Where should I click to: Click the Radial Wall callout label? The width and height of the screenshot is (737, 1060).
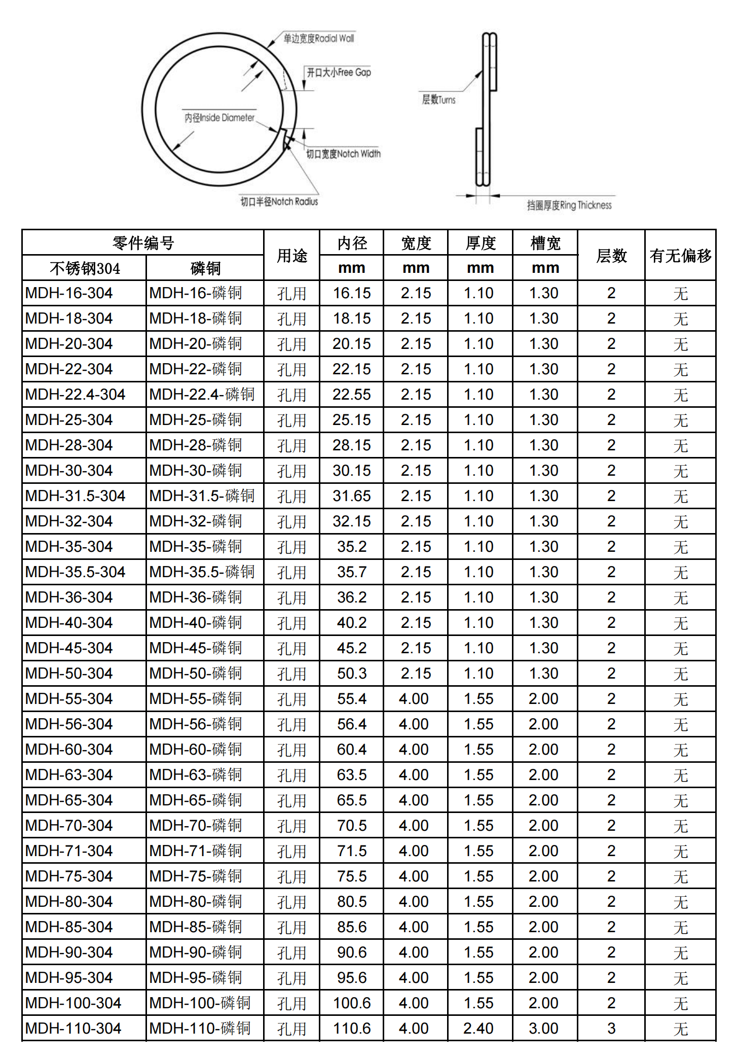pyautogui.click(x=318, y=39)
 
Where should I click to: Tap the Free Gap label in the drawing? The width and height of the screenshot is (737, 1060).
pyautogui.click(x=339, y=73)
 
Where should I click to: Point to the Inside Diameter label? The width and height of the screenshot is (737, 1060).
pyautogui.click(x=219, y=118)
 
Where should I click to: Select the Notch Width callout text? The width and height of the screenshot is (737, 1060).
pyautogui.click(x=343, y=154)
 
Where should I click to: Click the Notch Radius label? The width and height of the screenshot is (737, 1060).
pyautogui.click(x=279, y=202)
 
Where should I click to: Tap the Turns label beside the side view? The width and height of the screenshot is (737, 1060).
pyautogui.click(x=438, y=100)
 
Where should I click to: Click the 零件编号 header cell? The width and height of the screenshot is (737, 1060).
pyautogui.click(x=143, y=243)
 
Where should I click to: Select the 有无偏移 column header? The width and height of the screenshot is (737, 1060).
pyautogui.click(x=680, y=255)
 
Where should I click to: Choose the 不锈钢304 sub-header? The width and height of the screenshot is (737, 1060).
pyautogui.click(x=85, y=268)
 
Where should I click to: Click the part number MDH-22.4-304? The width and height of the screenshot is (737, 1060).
pyautogui.click(x=75, y=395)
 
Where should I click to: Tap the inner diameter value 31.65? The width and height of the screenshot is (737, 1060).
pyautogui.click(x=351, y=496)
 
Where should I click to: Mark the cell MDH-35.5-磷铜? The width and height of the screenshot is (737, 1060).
pyautogui.click(x=202, y=572)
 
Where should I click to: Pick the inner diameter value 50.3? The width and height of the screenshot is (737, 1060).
pyautogui.click(x=351, y=674)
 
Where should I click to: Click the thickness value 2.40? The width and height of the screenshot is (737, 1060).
pyautogui.click(x=478, y=1029)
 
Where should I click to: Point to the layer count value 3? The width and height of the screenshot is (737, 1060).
pyautogui.click(x=611, y=1029)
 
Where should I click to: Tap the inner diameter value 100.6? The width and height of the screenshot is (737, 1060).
pyautogui.click(x=351, y=1003)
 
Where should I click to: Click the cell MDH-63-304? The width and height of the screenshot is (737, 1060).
pyautogui.click(x=69, y=775)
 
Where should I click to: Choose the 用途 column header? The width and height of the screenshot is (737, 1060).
pyautogui.click(x=292, y=255)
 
